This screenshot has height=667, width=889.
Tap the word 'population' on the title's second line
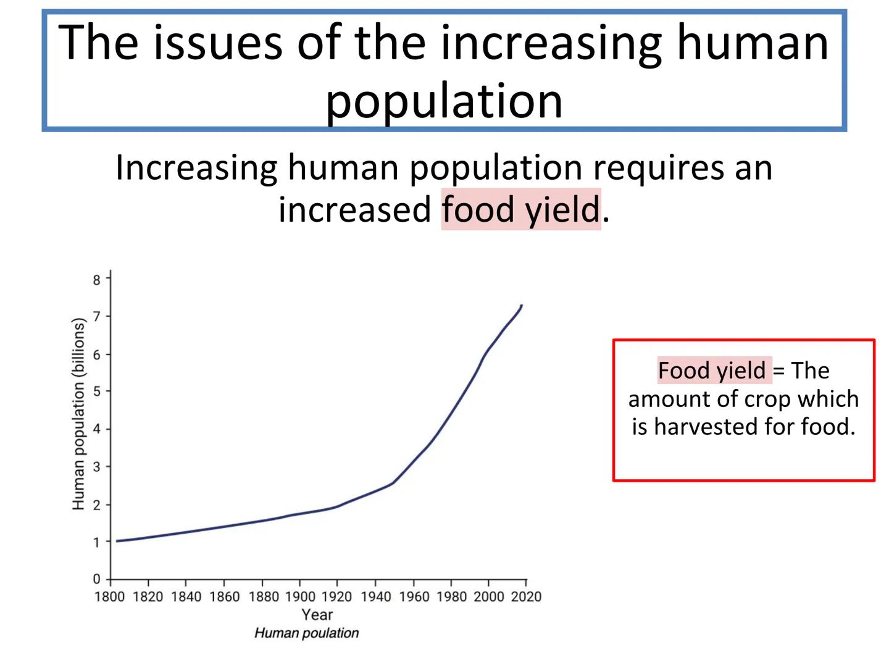(444, 100)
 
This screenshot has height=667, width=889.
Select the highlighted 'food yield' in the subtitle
(520, 209)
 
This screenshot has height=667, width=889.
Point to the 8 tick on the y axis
(97, 280)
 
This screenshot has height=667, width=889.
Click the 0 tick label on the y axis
(97, 579)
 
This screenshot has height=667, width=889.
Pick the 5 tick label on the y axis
(97, 392)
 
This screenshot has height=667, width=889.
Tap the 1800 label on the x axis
(109, 597)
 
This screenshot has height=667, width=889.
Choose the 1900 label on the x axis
(300, 597)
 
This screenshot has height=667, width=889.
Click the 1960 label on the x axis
(414, 597)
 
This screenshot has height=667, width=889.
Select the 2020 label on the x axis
(526, 597)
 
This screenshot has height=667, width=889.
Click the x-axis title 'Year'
(317, 615)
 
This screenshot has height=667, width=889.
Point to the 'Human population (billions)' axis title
(78, 414)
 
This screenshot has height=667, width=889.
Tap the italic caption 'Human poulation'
(306, 633)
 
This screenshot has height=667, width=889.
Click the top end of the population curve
(522, 305)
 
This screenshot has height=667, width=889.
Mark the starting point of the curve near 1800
(117, 541)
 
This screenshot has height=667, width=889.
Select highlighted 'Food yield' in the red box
(711, 371)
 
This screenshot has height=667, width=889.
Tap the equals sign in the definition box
(778, 371)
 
